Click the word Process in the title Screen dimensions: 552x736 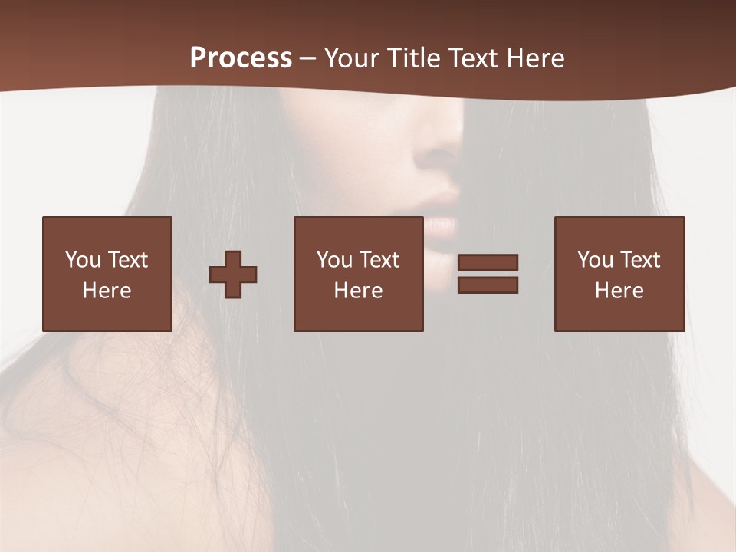[241, 58]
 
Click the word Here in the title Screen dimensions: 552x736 [535, 58]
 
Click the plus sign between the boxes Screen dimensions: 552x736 [233, 274]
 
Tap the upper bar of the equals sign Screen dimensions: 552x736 [488, 262]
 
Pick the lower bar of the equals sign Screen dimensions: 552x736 [488, 285]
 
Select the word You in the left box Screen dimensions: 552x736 [82, 260]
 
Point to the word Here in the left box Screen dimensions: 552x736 [107, 291]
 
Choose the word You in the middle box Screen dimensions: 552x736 [333, 260]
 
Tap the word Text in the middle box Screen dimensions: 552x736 [378, 260]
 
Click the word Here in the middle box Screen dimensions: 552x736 [358, 291]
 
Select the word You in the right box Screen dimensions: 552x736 [594, 260]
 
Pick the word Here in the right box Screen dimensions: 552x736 [619, 291]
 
